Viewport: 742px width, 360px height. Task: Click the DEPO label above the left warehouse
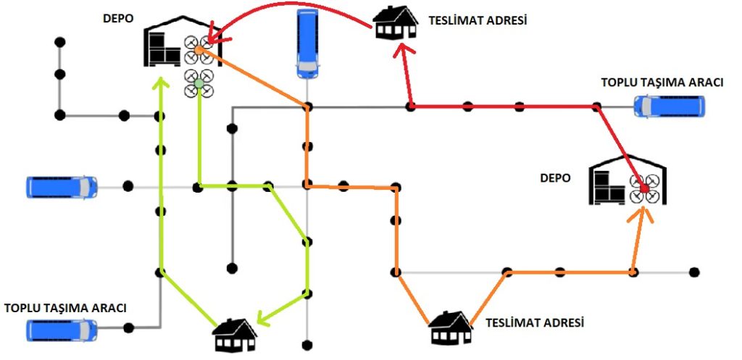point(118,18)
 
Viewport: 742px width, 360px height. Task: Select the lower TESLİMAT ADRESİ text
point(535,321)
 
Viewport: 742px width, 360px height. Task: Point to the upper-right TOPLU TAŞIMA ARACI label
point(662,83)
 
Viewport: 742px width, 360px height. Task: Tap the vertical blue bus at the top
point(309,43)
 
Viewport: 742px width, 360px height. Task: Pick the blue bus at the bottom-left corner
point(61,330)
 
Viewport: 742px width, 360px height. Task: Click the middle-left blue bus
point(62,186)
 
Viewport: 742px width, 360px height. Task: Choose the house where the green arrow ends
point(234,335)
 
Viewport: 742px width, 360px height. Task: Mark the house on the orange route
point(451,329)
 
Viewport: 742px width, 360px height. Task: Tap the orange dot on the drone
point(199,50)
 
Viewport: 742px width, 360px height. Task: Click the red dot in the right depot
point(643,188)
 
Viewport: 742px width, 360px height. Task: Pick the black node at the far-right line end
point(694,272)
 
